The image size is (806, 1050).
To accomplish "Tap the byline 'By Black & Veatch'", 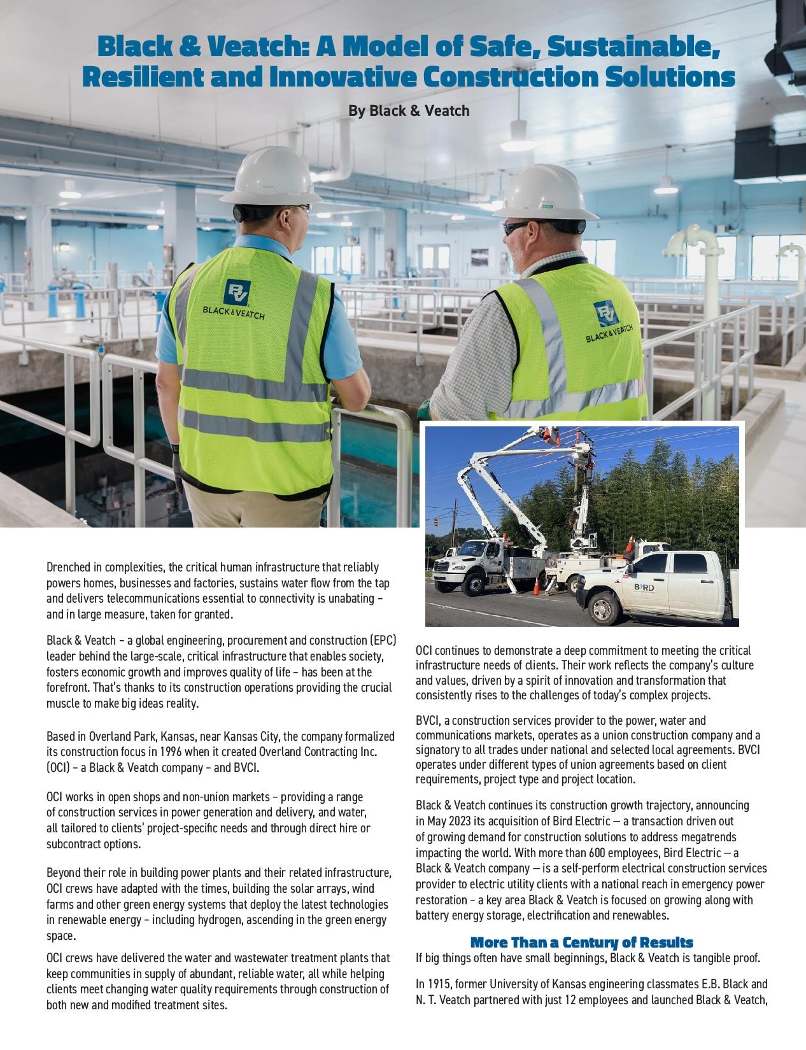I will (x=409, y=111).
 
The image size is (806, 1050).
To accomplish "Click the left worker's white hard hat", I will (x=272, y=176).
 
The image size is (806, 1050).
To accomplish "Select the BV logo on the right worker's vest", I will (x=605, y=314).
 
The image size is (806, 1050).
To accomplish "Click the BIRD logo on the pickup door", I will (x=644, y=587).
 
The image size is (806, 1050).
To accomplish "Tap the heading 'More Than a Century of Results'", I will (x=581, y=942).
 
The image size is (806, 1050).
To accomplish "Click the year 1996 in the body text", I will (x=171, y=752).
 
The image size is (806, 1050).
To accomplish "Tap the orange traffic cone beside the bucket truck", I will (x=536, y=586).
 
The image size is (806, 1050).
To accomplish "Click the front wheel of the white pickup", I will (x=602, y=609).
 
